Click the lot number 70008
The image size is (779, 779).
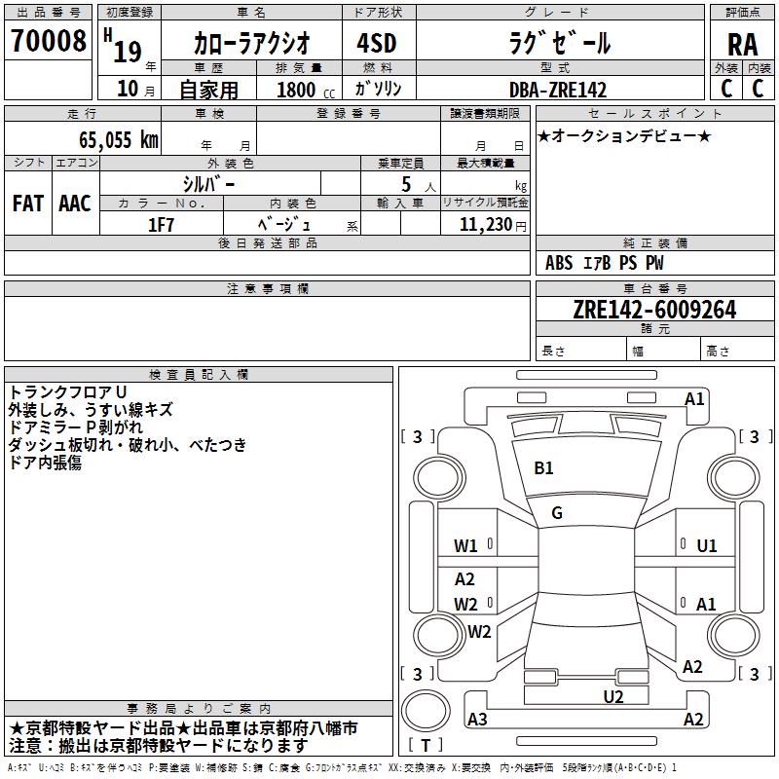click(48, 41)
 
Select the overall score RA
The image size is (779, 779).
click(742, 44)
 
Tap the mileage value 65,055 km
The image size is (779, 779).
click(108, 139)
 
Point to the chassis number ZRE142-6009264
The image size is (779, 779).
click(653, 310)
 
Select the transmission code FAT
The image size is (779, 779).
click(27, 204)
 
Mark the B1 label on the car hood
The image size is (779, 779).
click(543, 468)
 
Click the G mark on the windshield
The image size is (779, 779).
click(557, 512)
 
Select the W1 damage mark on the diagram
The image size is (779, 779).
click(465, 545)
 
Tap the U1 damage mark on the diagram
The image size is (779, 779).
click(707, 545)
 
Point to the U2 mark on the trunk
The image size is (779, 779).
click(613, 695)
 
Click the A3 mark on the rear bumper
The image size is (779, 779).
click(477, 720)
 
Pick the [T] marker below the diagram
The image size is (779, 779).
click(426, 745)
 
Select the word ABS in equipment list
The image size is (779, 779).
click(559, 263)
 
